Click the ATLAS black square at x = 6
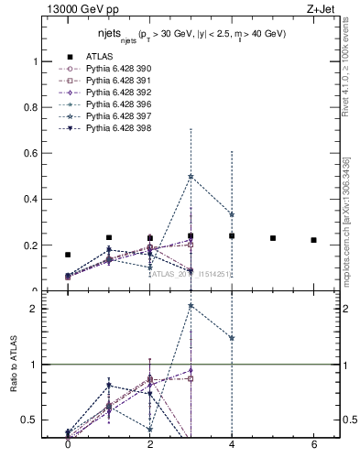(x=314, y=240)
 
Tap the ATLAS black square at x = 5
(x=273, y=238)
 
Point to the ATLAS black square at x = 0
(x=68, y=255)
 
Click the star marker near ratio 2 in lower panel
(x=191, y=306)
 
